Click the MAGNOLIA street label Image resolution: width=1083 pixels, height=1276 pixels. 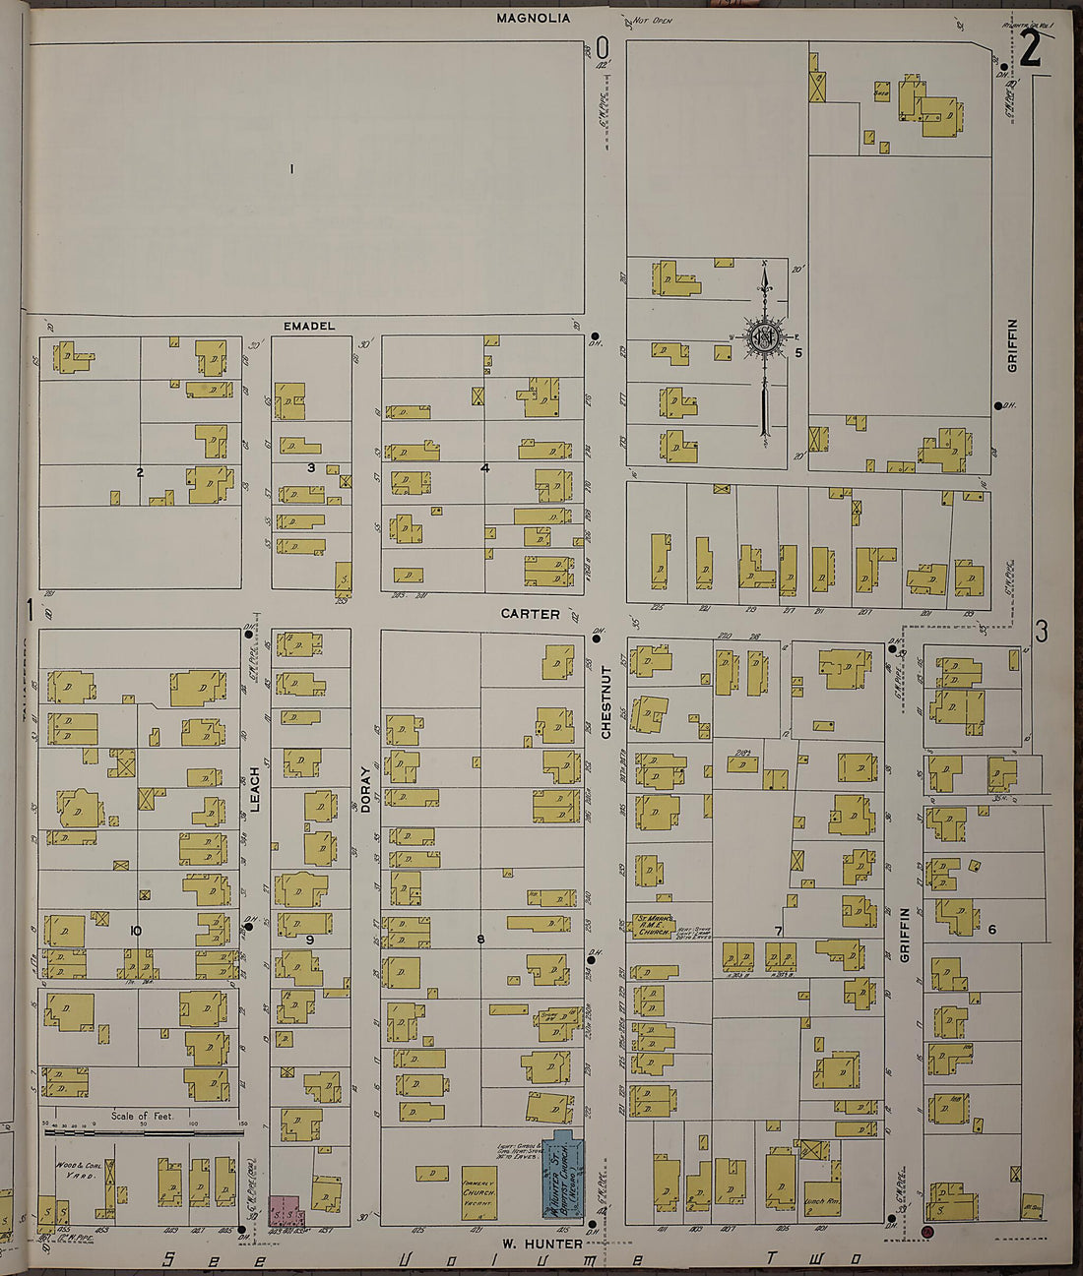click(x=533, y=18)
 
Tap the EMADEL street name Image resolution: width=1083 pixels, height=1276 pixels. click(x=309, y=326)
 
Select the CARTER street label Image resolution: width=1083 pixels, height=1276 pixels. click(x=530, y=614)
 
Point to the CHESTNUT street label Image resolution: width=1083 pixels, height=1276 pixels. click(x=606, y=701)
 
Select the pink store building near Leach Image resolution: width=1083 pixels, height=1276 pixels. click(x=285, y=1209)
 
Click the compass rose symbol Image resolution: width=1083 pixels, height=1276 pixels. click(x=764, y=337)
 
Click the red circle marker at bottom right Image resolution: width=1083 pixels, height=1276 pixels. click(x=926, y=1231)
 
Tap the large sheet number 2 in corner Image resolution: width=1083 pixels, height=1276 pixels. click(x=1030, y=49)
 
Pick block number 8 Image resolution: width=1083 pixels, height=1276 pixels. click(x=480, y=940)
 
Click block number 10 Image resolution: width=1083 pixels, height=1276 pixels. click(x=136, y=930)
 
